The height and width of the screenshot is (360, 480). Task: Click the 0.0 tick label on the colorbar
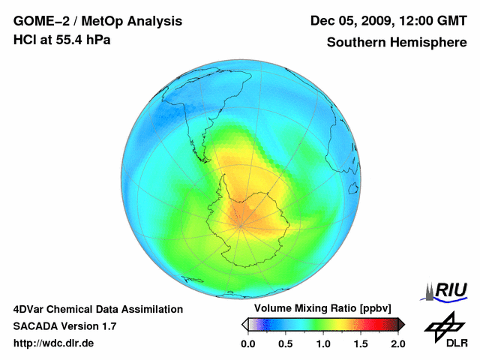point(247,344)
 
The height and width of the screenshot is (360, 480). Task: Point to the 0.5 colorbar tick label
point(285,344)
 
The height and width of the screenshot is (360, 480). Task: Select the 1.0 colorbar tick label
point(323,344)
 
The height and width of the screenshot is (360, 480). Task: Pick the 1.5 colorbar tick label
point(361,344)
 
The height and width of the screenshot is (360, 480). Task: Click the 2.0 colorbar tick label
point(397,344)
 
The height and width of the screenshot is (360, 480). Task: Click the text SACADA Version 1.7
point(64,326)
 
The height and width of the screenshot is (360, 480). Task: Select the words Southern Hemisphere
point(397,43)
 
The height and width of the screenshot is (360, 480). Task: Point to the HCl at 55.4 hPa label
point(61,40)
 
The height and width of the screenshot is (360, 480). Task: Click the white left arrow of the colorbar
point(244,324)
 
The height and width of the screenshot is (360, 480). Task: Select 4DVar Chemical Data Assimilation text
point(97,309)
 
